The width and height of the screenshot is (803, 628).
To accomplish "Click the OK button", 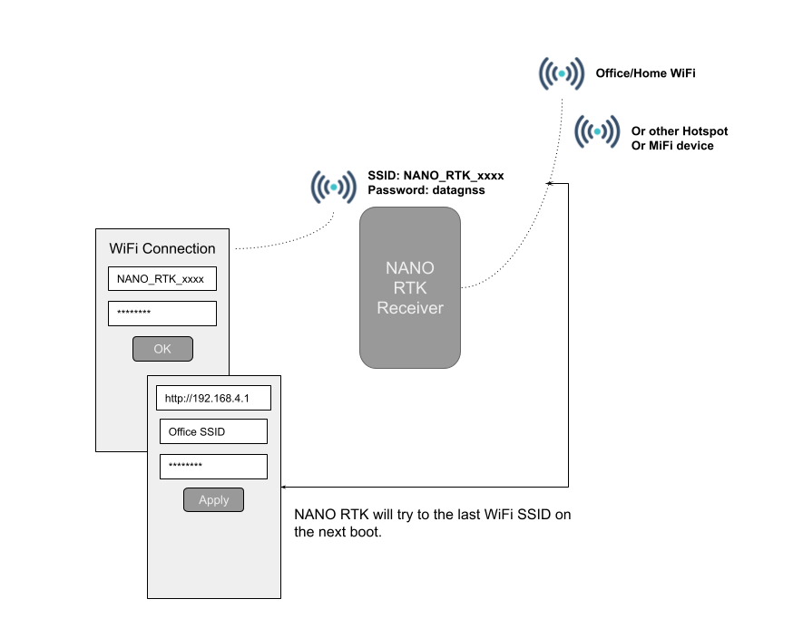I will [162, 349].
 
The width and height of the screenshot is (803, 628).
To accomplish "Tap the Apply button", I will [213, 499].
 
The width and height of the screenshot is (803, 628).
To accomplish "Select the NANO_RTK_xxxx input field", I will [162, 278].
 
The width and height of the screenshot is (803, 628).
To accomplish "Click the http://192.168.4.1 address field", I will [213, 398].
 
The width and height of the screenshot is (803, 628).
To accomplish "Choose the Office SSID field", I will [213, 432].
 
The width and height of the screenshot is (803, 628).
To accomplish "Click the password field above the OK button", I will [162, 314].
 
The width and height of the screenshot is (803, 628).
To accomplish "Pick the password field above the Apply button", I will [213, 467].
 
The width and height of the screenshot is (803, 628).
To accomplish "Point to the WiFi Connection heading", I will [162, 248].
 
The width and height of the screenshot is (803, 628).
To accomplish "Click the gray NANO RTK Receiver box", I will [410, 287].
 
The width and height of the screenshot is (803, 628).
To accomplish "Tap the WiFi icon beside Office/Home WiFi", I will [563, 72].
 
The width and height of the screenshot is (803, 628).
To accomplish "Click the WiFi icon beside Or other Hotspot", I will [598, 132].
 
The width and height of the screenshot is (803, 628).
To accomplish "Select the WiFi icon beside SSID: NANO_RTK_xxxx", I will [334, 187].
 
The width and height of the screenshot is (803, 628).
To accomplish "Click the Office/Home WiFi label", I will [645, 72].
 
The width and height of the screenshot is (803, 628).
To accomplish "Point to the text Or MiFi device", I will [672, 146].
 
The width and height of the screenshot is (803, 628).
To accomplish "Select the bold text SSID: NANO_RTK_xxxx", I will [435, 176].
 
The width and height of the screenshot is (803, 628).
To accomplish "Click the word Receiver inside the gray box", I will [410, 308].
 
